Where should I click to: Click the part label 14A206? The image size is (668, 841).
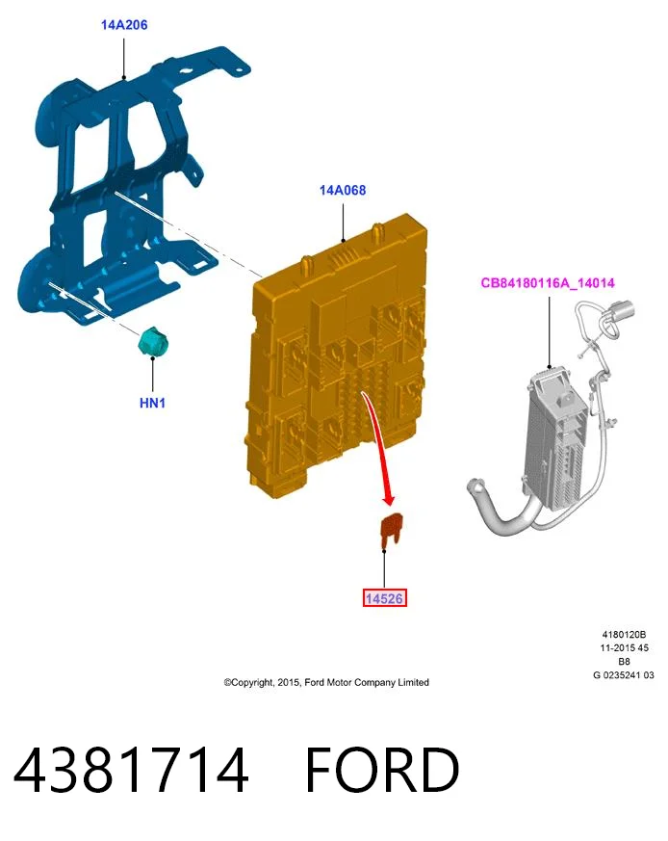pyautogui.click(x=124, y=25)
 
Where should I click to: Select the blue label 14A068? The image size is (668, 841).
pyautogui.click(x=343, y=190)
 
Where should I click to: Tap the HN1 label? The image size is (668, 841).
pyautogui.click(x=152, y=403)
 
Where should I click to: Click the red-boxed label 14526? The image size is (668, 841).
pyautogui.click(x=384, y=598)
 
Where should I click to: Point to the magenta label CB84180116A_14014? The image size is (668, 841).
pyautogui.click(x=548, y=283)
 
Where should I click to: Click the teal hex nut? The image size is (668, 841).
pyautogui.click(x=152, y=342)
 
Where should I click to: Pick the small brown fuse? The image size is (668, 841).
pyautogui.click(x=391, y=531)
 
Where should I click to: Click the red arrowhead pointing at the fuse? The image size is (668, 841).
pyautogui.click(x=389, y=499)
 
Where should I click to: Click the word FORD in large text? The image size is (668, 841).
pyautogui.click(x=382, y=771)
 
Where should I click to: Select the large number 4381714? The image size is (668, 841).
pyautogui.click(x=131, y=771)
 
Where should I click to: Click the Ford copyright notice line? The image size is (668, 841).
pyautogui.click(x=326, y=682)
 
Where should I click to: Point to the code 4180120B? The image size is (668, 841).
pyautogui.click(x=624, y=635)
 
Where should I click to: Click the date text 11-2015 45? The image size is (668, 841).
pyautogui.click(x=624, y=648)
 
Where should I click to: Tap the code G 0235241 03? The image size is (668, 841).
pyautogui.click(x=624, y=675)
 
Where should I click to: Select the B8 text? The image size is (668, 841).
pyautogui.click(x=624, y=661)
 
